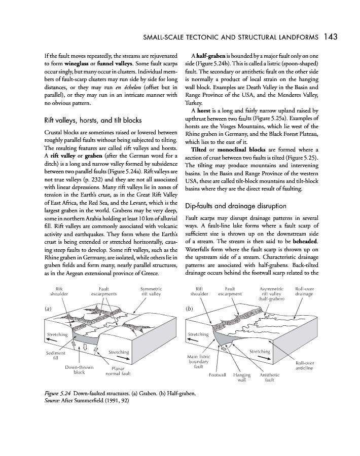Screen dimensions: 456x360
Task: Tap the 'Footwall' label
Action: pos(218,375)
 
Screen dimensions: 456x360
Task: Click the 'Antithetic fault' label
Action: pos(269,378)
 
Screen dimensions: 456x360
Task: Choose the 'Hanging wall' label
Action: pos(242,378)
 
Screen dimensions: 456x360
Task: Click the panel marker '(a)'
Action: pos(48,308)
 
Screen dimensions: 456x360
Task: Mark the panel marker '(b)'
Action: pos(190,308)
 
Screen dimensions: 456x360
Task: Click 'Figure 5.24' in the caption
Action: pos(52,393)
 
